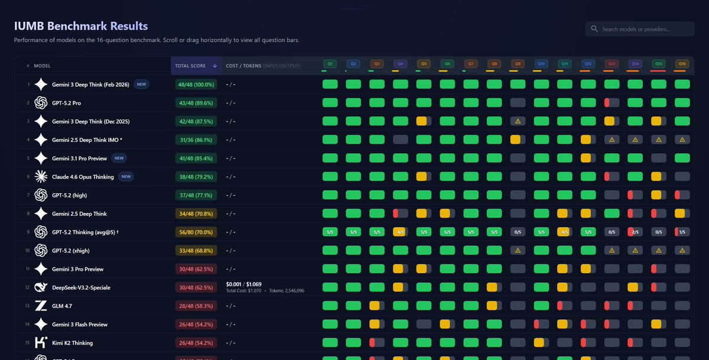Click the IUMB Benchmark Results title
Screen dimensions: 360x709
[81, 26]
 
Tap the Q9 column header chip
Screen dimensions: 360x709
[518, 63]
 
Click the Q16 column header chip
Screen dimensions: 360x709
[682, 63]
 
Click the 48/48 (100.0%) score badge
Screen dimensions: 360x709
[196, 85]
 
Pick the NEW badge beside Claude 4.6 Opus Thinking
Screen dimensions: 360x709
[125, 177]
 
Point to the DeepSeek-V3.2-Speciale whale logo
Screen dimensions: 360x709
[41, 287]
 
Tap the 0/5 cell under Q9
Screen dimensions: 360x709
[518, 232]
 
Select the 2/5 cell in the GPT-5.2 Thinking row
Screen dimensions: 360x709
[635, 232]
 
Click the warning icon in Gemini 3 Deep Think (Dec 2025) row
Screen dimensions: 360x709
[518, 121]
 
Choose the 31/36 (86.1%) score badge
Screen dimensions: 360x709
[196, 140]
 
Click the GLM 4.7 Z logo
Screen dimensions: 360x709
[41, 306]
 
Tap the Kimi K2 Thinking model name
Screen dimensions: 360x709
[72, 343]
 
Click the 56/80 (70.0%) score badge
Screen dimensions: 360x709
[196, 232]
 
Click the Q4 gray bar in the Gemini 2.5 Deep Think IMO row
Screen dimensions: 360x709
[400, 140]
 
